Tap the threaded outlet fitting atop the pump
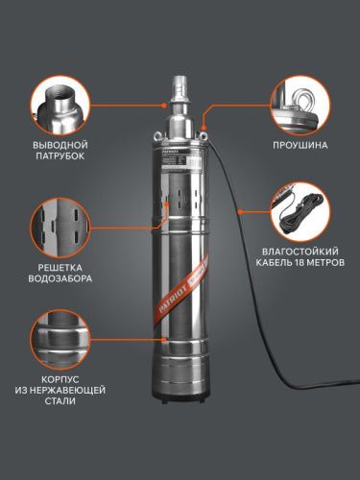coord(180,92)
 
